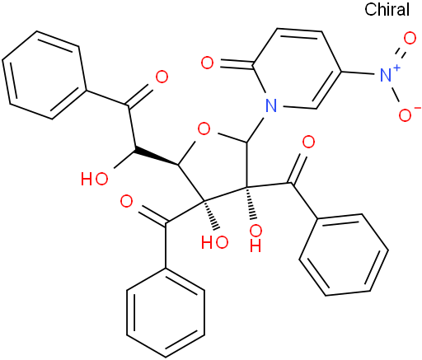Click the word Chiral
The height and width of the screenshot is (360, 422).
point(387,9)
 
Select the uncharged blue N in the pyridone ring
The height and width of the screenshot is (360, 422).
point(271,105)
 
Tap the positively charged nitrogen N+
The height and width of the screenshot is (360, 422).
point(386,75)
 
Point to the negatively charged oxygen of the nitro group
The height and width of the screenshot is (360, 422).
point(405,115)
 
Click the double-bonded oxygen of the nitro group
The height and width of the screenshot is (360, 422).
point(410,38)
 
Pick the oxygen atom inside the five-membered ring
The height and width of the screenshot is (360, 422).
point(204,129)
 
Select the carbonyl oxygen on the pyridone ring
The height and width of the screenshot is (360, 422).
point(207,63)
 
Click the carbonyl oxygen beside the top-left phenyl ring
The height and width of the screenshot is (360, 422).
point(162,77)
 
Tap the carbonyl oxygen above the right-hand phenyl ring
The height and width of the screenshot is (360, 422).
point(308,143)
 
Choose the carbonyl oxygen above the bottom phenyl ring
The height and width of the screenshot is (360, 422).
point(126,202)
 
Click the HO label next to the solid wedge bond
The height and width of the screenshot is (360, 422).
point(95,179)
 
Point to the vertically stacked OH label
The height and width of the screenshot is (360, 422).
point(256,238)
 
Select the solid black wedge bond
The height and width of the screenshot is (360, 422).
point(157,157)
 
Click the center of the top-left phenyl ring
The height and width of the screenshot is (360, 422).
point(45,75)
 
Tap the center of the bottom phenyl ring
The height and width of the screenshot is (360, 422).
point(166,312)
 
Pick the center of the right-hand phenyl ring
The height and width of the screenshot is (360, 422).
point(344,255)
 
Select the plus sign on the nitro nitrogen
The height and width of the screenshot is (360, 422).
point(396,68)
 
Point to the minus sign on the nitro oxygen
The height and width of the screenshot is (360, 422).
point(416,108)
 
